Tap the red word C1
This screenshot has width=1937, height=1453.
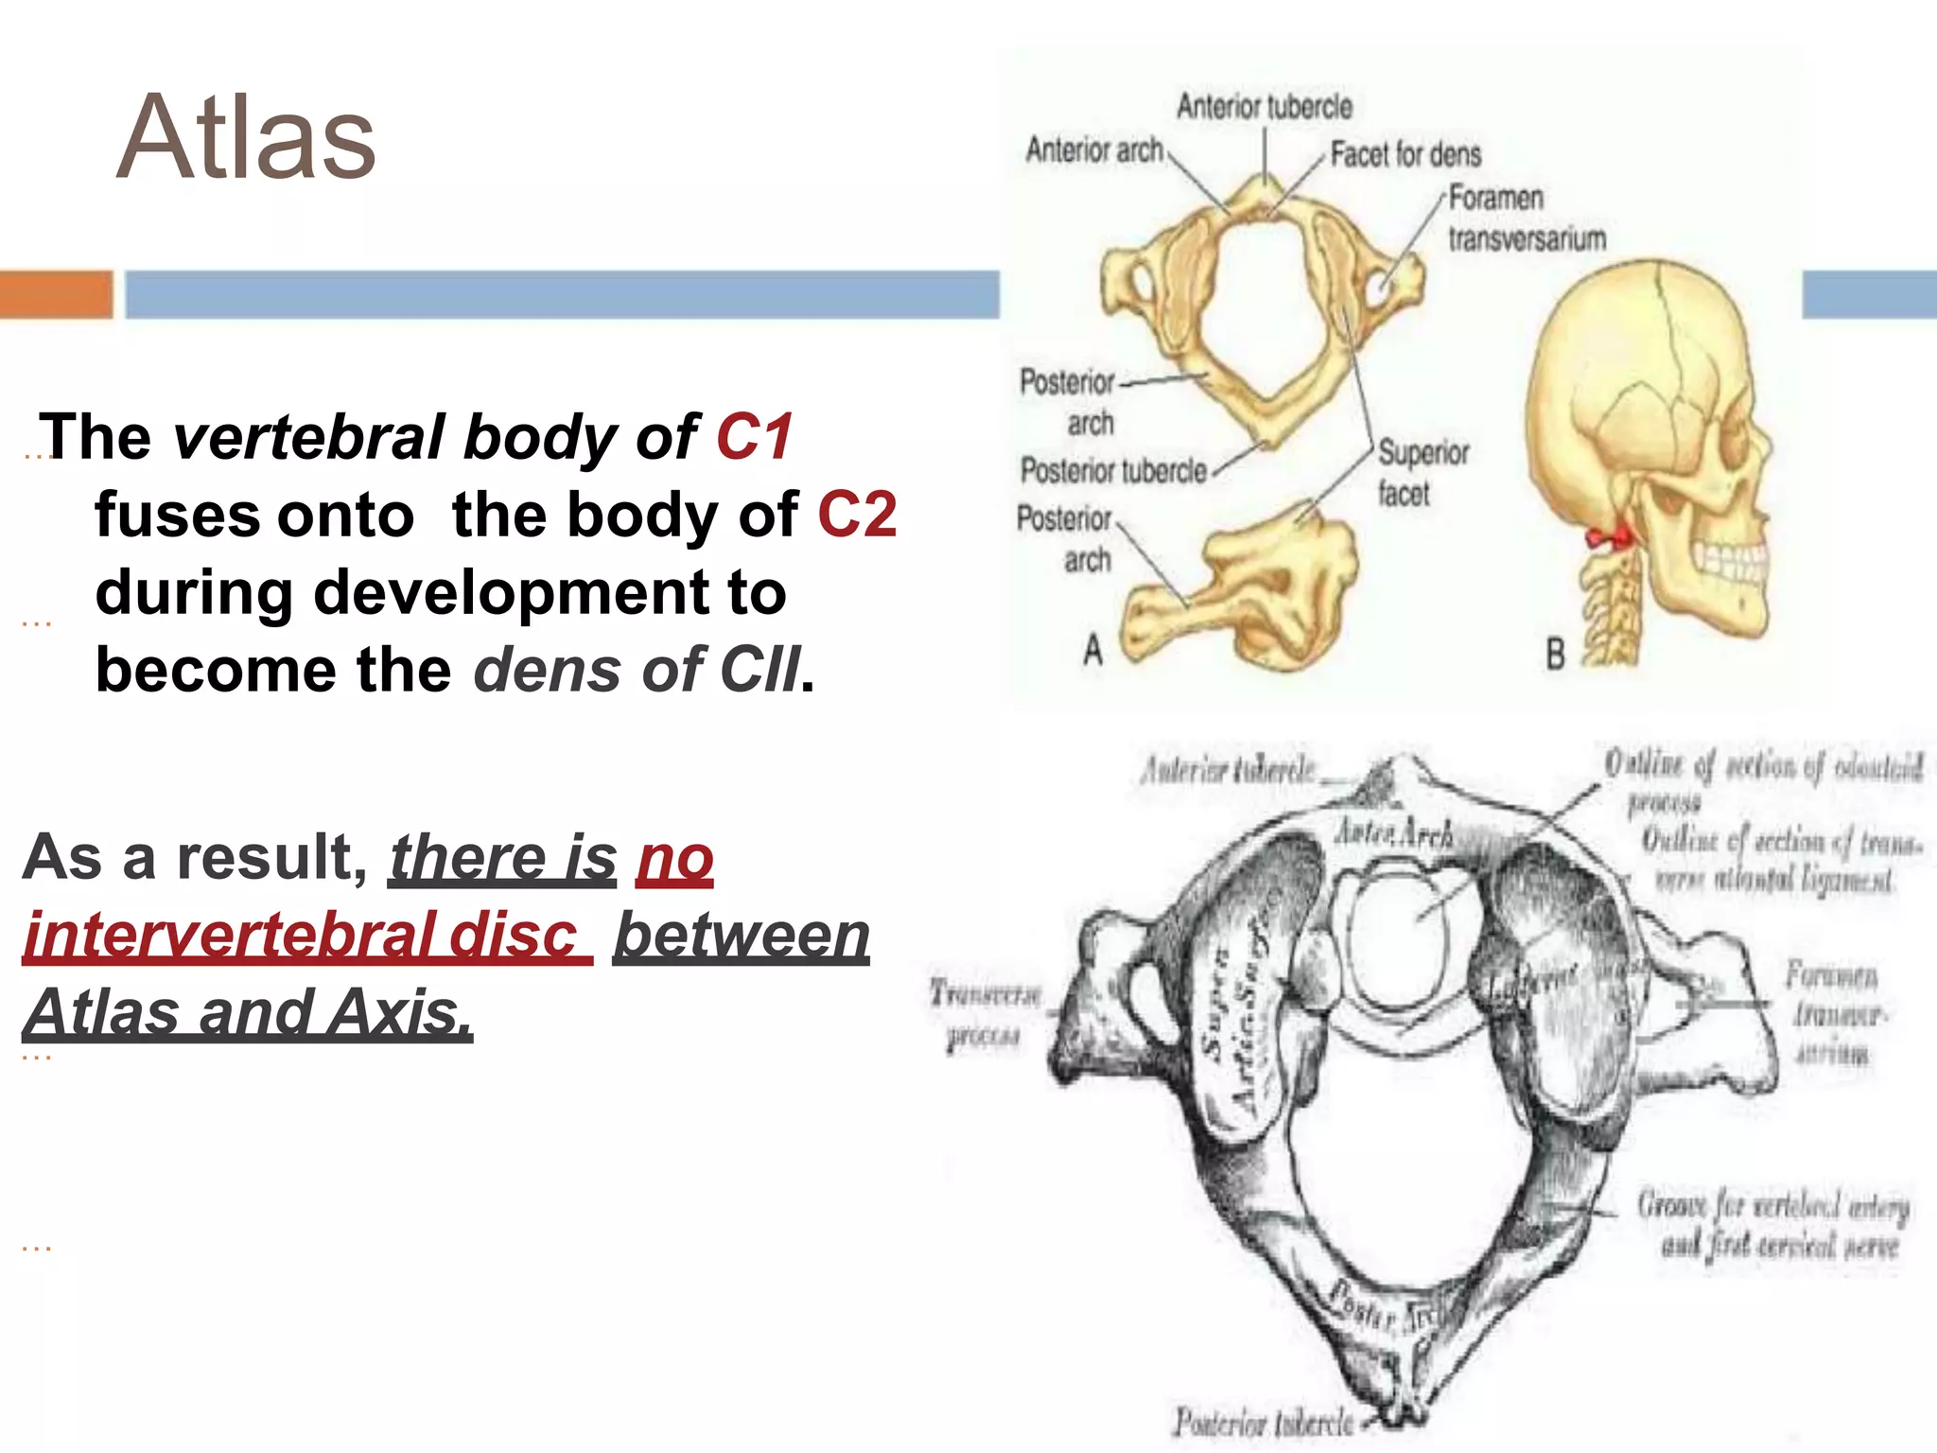[x=754, y=437]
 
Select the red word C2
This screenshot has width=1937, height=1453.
[x=856, y=515]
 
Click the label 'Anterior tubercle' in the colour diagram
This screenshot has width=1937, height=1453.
[x=1264, y=107]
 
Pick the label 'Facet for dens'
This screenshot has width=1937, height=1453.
[x=1405, y=154]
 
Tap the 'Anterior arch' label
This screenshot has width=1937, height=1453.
[x=1093, y=149]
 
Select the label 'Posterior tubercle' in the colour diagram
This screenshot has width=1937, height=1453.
[x=1113, y=470]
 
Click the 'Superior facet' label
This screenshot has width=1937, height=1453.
[x=1422, y=472]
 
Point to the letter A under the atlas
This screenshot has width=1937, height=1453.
[x=1092, y=650]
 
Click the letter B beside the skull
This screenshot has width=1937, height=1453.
[x=1555, y=654]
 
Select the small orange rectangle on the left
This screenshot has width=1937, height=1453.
[x=56, y=294]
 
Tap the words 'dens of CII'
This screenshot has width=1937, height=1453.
[x=637, y=670]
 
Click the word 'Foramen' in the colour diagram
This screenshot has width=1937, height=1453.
[x=1495, y=199]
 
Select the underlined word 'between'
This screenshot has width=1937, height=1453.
[x=742, y=935]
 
